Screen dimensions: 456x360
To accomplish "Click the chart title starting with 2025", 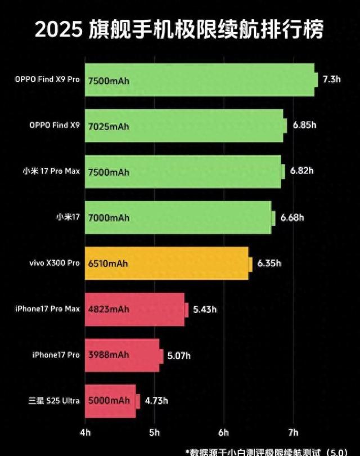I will pos(179,29).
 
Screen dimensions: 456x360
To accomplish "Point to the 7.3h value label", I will pos(332,79).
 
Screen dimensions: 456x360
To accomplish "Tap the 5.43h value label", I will pos(205,309).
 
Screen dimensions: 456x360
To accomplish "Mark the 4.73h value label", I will pos(156,401).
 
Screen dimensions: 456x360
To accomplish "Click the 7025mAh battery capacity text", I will pos(109,126).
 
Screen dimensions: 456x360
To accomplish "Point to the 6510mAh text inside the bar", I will pos(109,263).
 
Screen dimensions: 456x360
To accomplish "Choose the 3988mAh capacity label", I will pos(109,355).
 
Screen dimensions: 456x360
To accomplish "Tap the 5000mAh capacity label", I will pos(109,401).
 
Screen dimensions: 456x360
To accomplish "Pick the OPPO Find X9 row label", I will pos(55,126).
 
